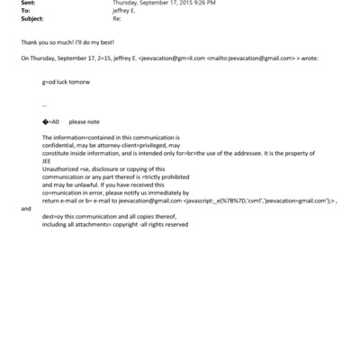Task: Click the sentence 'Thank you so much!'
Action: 42,42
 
